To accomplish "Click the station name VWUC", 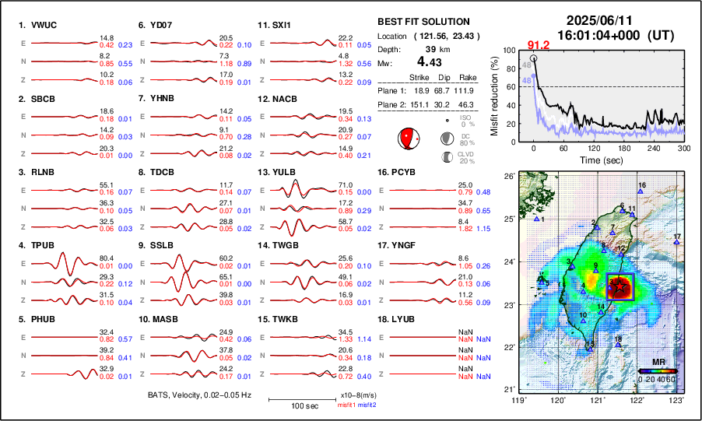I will pos(44,25).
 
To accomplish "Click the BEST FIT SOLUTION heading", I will pos(423,22).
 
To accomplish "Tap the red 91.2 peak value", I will pos(539,45).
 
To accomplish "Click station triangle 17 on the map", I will pos(676,243).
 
